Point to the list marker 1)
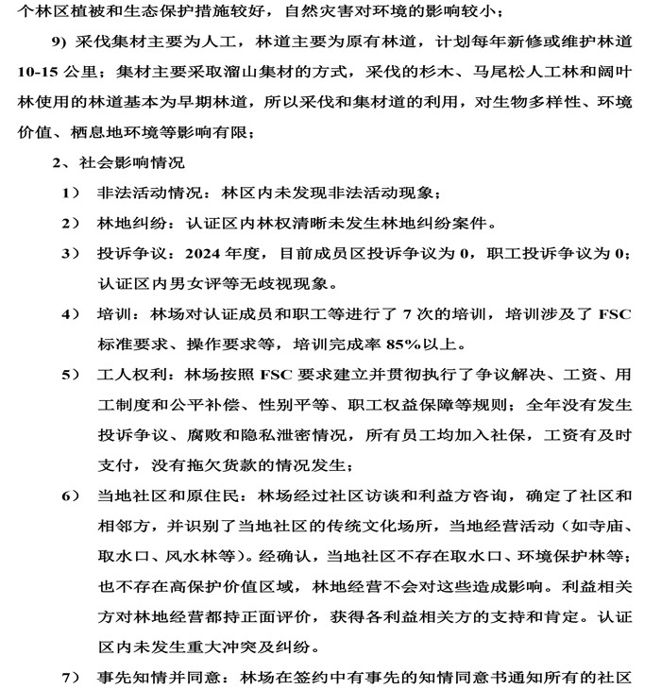[71, 193]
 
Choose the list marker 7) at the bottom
[71, 678]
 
